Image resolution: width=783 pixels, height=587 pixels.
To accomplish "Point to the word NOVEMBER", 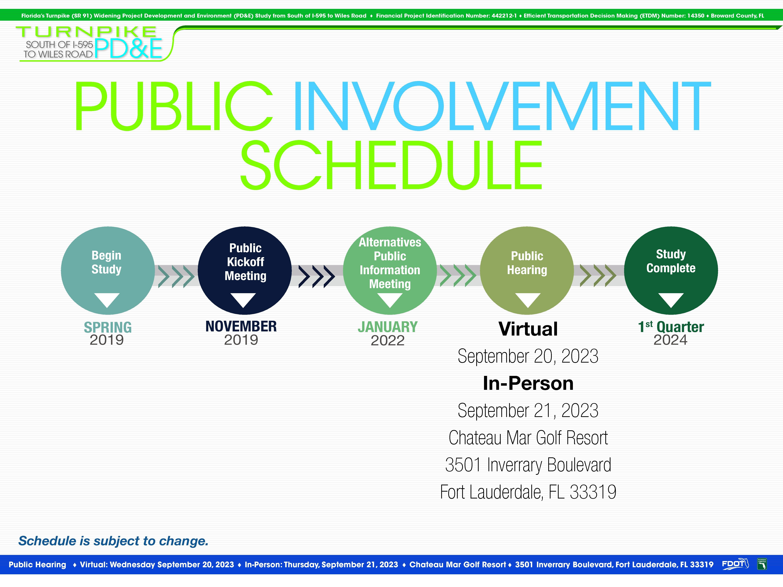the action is (x=241, y=326).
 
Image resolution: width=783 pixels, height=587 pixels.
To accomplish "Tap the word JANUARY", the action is (x=388, y=327).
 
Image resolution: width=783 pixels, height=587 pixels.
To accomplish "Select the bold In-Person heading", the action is (x=528, y=383).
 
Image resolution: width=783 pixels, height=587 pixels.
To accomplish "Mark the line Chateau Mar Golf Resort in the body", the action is (x=528, y=438).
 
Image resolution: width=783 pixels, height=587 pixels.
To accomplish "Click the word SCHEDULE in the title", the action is (x=391, y=165).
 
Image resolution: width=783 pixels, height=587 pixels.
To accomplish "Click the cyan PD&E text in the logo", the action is (x=128, y=48).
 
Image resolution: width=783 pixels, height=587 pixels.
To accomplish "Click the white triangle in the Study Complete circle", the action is (x=671, y=300).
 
